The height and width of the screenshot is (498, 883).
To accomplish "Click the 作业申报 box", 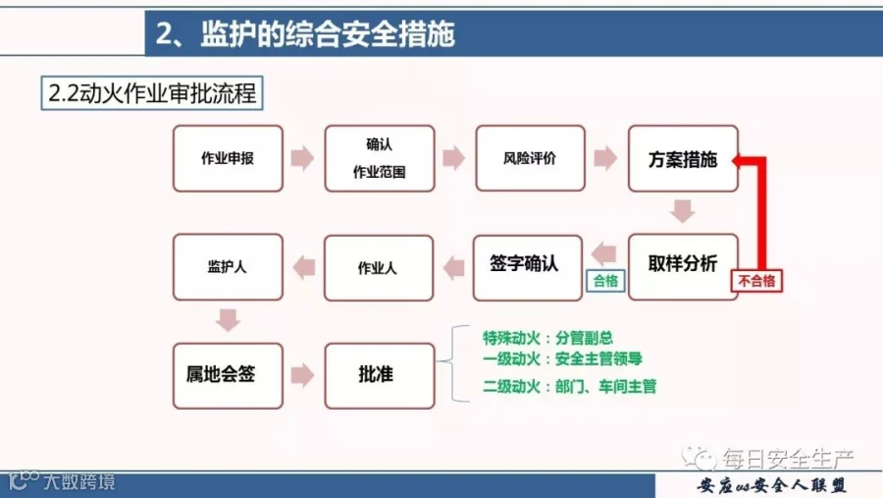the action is click(x=228, y=158).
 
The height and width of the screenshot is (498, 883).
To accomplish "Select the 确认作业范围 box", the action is click(x=380, y=158).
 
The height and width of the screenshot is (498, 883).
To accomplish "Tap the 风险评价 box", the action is click(x=531, y=158).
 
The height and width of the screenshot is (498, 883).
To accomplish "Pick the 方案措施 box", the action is click(x=683, y=158).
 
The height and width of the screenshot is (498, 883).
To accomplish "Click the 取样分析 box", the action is click(x=683, y=267).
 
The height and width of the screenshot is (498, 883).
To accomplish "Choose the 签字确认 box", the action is click(x=528, y=268).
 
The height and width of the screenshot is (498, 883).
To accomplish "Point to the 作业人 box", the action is click(x=379, y=268).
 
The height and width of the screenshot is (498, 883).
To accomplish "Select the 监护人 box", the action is click(x=228, y=267).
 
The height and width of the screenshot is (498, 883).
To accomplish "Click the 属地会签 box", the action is click(x=228, y=376).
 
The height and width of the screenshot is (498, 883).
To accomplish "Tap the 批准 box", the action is click(x=380, y=376).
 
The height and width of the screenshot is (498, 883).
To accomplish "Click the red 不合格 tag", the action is click(x=756, y=281).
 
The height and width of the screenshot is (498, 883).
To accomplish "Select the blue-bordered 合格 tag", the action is click(x=605, y=281).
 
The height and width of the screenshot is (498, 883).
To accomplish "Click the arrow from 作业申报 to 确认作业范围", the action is click(x=303, y=158).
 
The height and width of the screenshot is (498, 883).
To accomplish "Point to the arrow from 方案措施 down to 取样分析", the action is click(x=683, y=211).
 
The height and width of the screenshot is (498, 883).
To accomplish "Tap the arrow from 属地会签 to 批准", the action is click(x=303, y=375).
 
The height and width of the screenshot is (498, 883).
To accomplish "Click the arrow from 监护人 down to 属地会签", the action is click(x=228, y=320).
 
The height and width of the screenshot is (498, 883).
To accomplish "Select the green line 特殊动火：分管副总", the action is click(x=547, y=338).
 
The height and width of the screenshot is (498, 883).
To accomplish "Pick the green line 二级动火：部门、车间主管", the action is click(x=569, y=386).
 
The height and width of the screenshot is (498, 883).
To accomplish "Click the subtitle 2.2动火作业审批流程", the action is click(x=152, y=93).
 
